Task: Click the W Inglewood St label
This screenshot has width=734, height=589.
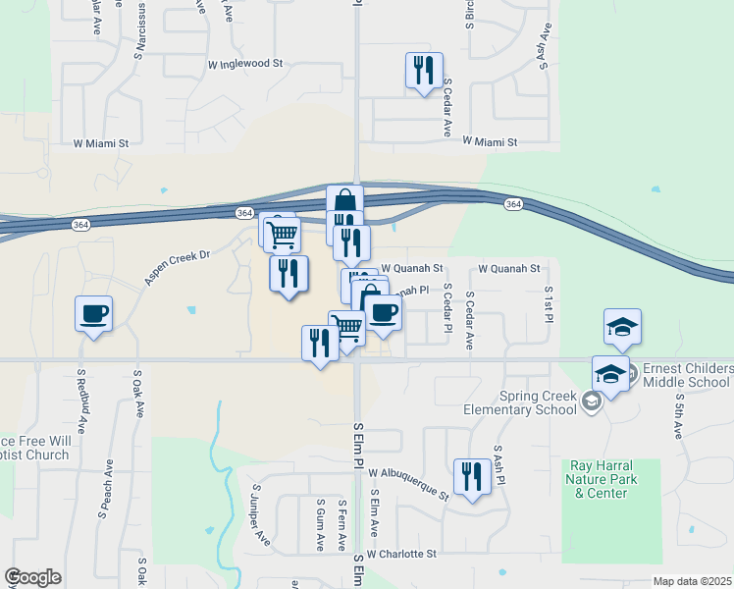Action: (x=245, y=63)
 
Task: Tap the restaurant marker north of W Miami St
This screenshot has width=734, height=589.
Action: (x=423, y=71)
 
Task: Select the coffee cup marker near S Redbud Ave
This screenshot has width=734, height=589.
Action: (x=93, y=315)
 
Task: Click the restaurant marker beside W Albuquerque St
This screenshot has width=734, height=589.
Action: (x=472, y=477)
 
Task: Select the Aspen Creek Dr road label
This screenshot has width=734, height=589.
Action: (x=178, y=267)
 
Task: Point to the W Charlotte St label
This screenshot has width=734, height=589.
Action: (x=401, y=554)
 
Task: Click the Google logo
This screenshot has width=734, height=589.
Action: (x=32, y=577)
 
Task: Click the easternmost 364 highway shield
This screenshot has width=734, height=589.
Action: (x=513, y=203)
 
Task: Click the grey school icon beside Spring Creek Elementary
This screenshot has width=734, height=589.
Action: (x=591, y=400)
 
